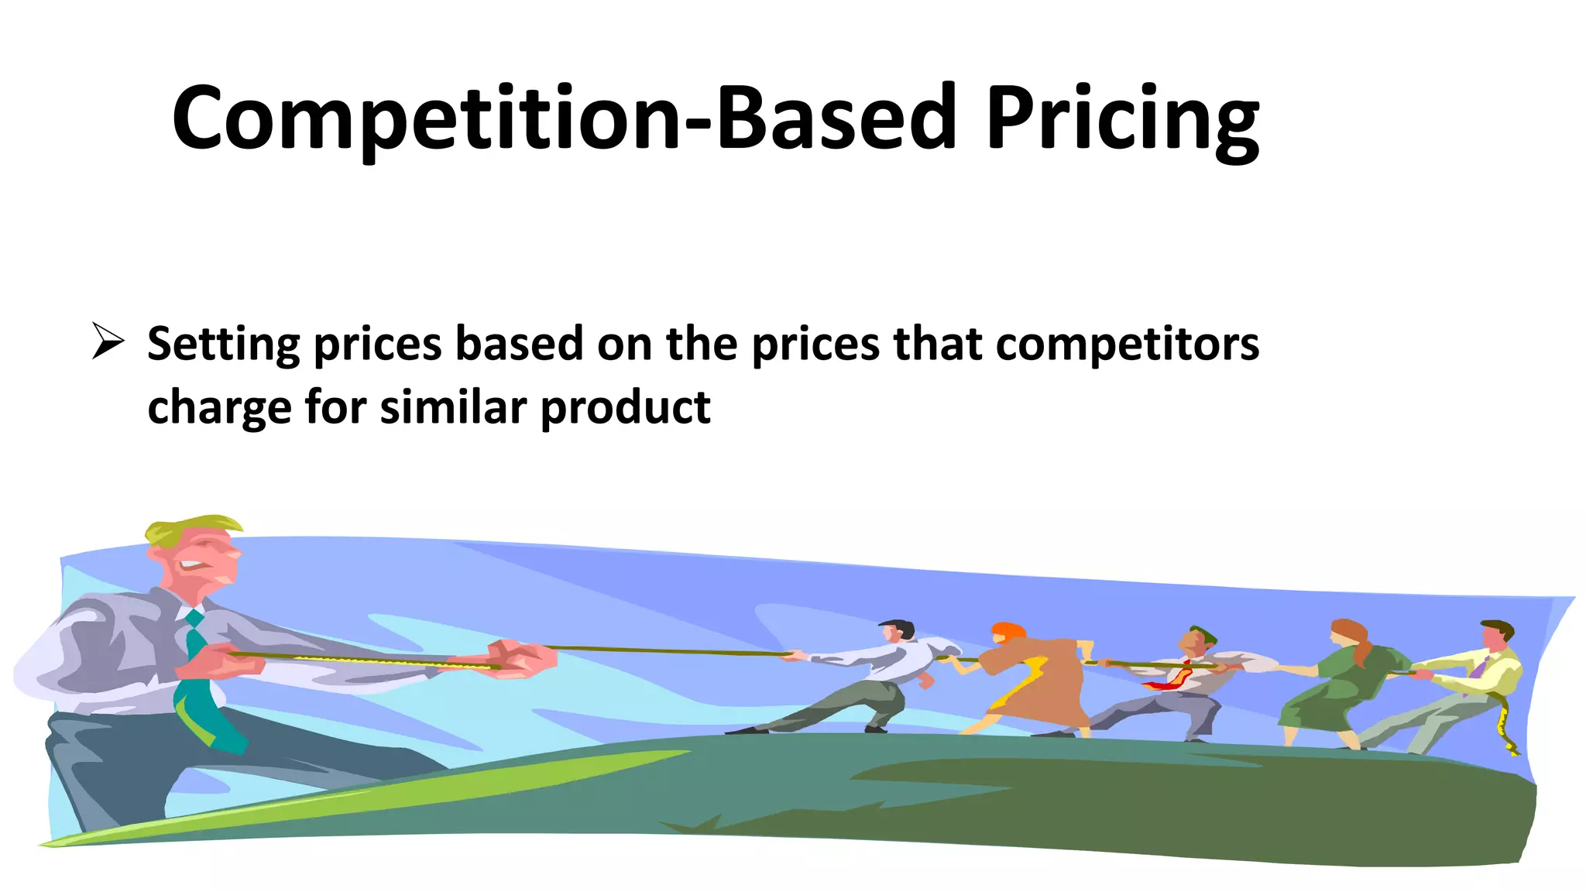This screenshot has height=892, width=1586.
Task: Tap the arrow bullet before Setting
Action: [x=108, y=341]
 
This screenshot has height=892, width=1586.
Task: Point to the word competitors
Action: [x=1127, y=345]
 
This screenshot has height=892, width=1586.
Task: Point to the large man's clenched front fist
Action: [x=523, y=658]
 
